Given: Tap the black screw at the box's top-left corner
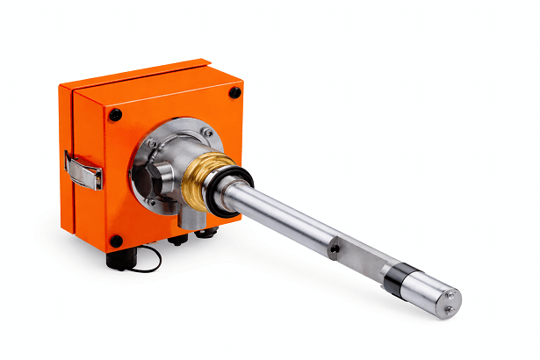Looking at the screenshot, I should pos(115,115).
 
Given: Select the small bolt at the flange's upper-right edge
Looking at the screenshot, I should pos(207,133).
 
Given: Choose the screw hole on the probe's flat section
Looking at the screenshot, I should pos(335,249).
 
